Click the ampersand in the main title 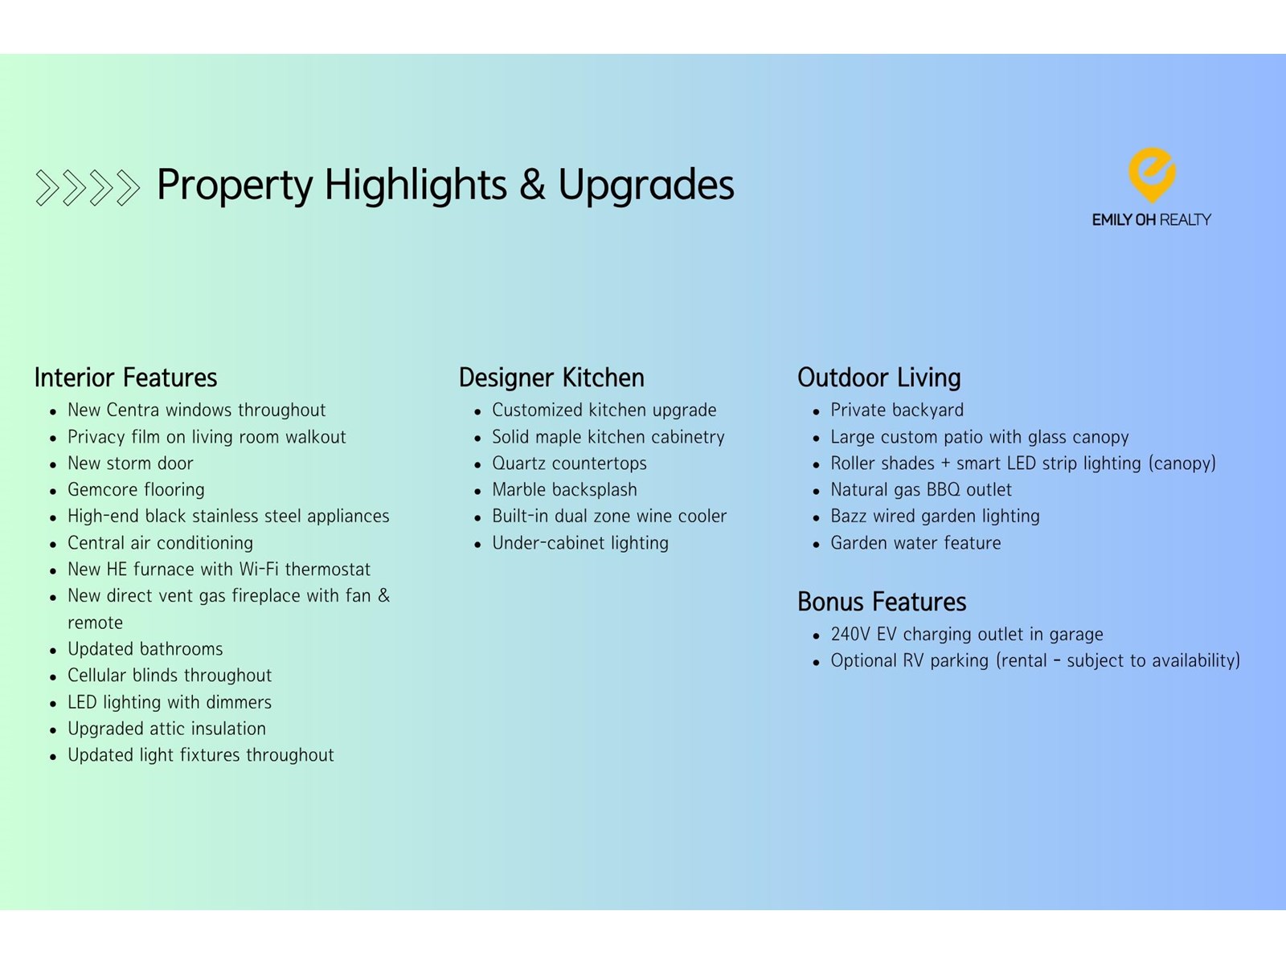(x=532, y=185)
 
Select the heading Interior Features (x=125, y=378)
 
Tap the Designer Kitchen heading (x=551, y=378)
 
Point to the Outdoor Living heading (x=878, y=378)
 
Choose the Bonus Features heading (x=882, y=602)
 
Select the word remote (x=95, y=622)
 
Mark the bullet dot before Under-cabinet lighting (x=477, y=545)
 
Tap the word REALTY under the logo (x=1185, y=219)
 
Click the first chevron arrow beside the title (x=47, y=188)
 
